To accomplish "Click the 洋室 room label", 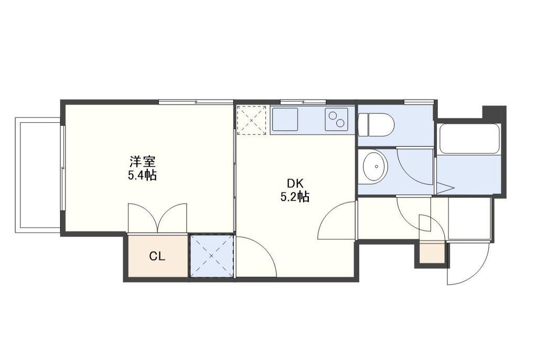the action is tap(143, 162).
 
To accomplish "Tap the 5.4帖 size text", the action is tap(143, 175).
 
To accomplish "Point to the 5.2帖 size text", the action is tap(295, 196).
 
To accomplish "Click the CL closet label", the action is tap(157, 256).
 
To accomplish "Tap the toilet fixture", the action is tap(376, 125).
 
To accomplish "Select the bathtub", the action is tap(469, 139).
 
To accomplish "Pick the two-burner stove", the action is tap(336, 119).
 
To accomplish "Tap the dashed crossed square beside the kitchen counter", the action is tap(252, 120).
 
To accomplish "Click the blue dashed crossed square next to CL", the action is tap(212, 256).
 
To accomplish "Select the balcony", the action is tap(38, 175).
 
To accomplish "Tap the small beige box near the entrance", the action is tap(432, 253).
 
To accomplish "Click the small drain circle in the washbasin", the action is tap(377, 167).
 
